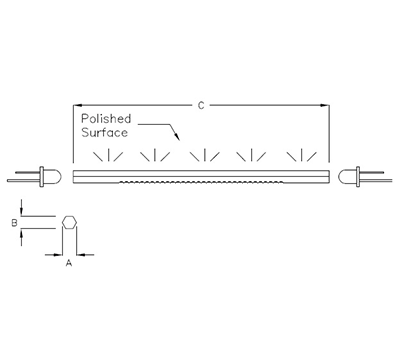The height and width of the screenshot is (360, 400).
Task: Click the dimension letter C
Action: pyautogui.click(x=202, y=103)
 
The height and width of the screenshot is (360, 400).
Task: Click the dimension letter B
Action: pyautogui.click(x=14, y=224)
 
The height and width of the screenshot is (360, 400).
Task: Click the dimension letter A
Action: pyautogui.click(x=68, y=264)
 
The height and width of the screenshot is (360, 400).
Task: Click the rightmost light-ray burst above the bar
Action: pyautogui.click(x=299, y=156)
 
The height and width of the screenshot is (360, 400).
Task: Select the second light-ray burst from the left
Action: pyautogui.click(x=155, y=156)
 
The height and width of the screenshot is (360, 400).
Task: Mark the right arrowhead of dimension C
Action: pyautogui.click(x=327, y=103)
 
